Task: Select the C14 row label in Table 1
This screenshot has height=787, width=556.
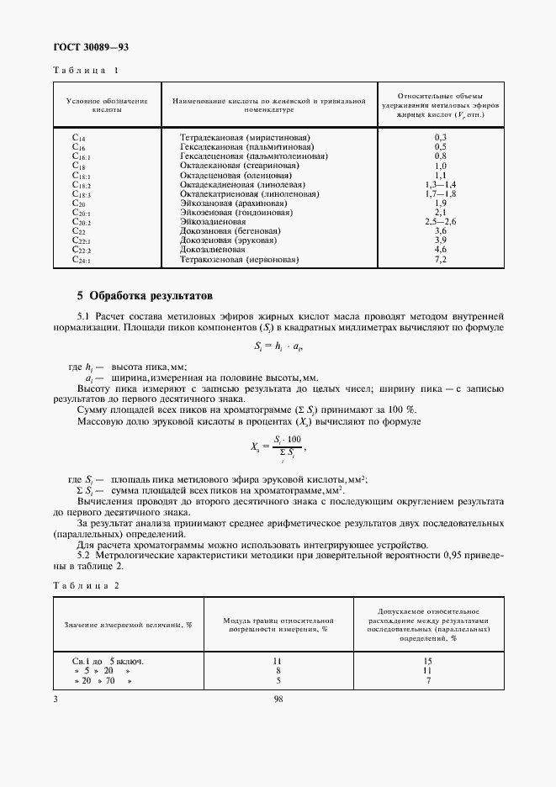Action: point(80,136)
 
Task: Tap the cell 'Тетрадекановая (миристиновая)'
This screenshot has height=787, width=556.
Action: point(245,136)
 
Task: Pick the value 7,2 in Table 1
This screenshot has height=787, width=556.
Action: point(440,260)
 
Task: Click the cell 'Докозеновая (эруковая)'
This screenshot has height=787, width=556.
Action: point(225,240)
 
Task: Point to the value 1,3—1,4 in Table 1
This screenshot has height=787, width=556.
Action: point(440,184)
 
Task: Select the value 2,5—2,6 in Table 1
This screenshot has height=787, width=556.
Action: point(440,222)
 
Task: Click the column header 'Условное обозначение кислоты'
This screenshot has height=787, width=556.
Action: point(106,105)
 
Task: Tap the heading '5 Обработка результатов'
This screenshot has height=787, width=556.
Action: point(145,296)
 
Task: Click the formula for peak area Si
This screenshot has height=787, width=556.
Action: point(277,348)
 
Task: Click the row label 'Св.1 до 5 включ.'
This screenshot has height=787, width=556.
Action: point(108,661)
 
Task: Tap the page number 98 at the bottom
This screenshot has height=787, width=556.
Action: point(278,697)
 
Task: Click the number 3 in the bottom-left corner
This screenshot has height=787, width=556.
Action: point(56,697)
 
